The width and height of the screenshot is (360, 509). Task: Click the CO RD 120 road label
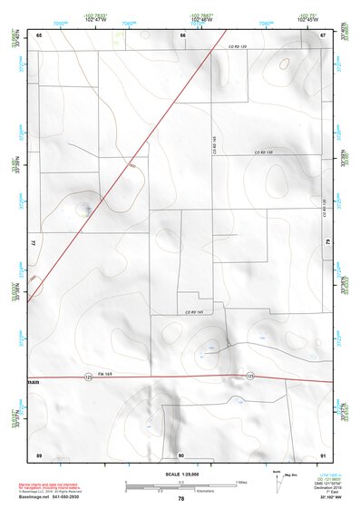point(238,44)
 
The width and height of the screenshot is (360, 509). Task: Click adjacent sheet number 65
point(39,34)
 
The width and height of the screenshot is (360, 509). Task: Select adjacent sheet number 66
point(181,34)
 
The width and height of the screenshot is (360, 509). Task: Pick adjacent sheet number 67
point(323,34)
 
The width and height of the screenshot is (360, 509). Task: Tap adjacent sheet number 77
point(33,243)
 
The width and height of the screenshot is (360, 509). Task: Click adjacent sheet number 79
point(328,243)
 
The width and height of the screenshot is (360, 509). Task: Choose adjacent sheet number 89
point(39,454)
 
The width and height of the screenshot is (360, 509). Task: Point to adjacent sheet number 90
point(181,454)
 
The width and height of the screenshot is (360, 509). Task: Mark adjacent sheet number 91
point(323,454)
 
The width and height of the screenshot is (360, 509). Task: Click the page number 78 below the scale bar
point(180,499)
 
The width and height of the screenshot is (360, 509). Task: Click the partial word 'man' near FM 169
point(33,383)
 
